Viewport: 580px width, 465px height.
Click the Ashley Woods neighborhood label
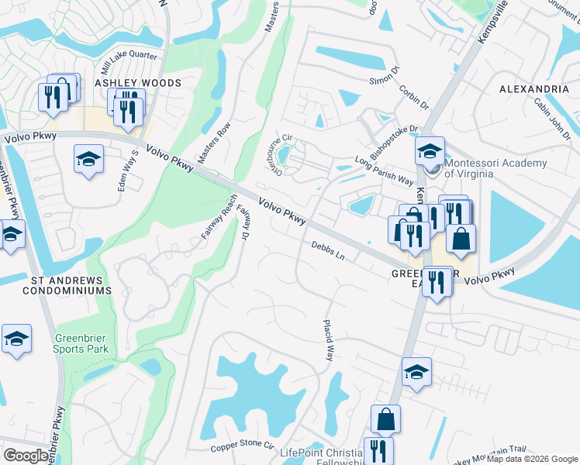tap(138, 82)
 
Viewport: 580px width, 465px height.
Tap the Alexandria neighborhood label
tap(534, 89)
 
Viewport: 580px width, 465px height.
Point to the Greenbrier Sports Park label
tap(81, 343)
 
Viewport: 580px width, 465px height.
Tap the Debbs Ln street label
tap(327, 250)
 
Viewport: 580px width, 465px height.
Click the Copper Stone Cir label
tap(243, 447)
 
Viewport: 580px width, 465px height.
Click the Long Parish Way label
tap(384, 171)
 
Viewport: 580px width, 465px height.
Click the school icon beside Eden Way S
tap(89, 159)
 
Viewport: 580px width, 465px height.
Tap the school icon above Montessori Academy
tap(430, 150)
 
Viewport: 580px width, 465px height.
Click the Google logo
tap(26, 456)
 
